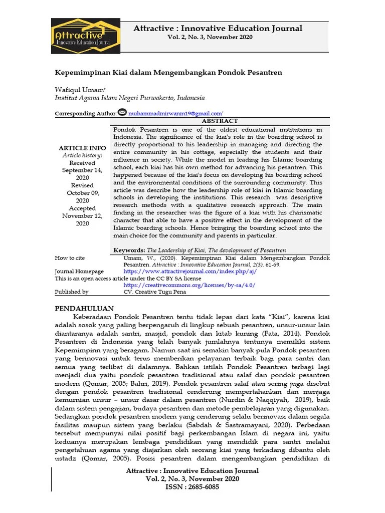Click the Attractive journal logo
click(86, 36)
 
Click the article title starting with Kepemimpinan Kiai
click(168, 72)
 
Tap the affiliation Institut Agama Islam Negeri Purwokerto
click(122, 98)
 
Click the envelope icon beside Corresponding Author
click(122, 112)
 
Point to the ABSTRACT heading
click(219, 121)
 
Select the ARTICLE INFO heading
click(82, 148)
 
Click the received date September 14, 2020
click(82, 170)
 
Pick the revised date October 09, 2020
click(82, 193)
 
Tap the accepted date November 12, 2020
click(82, 215)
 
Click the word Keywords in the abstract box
click(129, 250)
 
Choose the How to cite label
click(70, 258)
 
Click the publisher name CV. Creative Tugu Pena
click(155, 292)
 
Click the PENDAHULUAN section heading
click(84, 308)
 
